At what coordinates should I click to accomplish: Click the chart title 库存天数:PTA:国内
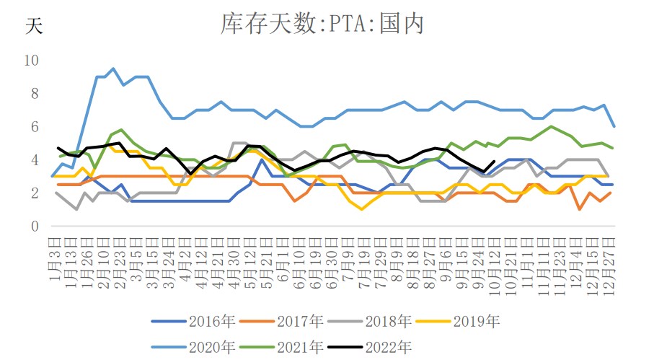coord(322,25)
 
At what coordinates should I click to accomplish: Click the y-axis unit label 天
coord(34,27)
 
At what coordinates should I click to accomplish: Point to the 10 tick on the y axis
coord(32,60)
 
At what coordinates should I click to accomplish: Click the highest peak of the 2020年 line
coord(113,69)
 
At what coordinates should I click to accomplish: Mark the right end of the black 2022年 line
coord(494,162)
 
